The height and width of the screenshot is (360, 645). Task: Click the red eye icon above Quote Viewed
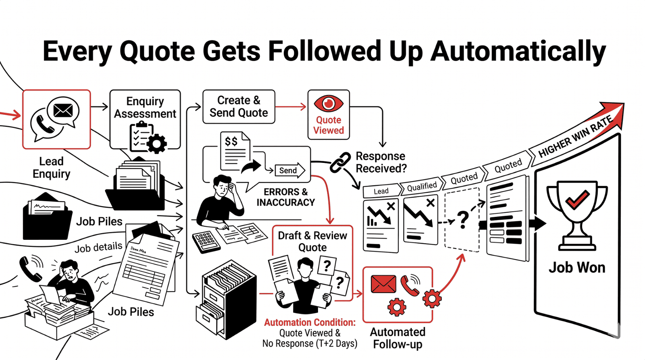coord(328,104)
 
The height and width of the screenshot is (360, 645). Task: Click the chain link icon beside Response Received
coord(341,162)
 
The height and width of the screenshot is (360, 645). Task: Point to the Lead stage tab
coord(381,191)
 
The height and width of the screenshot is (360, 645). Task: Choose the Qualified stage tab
coord(422,187)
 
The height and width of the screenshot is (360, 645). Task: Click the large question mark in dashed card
coord(463,219)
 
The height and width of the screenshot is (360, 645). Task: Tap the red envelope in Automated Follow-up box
coord(383,284)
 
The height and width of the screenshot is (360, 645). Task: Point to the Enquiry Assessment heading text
coord(145,108)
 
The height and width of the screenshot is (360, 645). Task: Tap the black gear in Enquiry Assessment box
coord(156,143)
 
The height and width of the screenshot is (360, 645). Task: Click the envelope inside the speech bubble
coord(63,110)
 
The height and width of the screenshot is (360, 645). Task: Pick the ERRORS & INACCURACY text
coord(285,197)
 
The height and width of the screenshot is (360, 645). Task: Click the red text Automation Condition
coord(310,323)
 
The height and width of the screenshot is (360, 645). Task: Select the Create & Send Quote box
coord(239,106)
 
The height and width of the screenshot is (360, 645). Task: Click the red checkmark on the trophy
coord(577,199)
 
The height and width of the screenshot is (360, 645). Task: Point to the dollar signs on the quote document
coord(231,142)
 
